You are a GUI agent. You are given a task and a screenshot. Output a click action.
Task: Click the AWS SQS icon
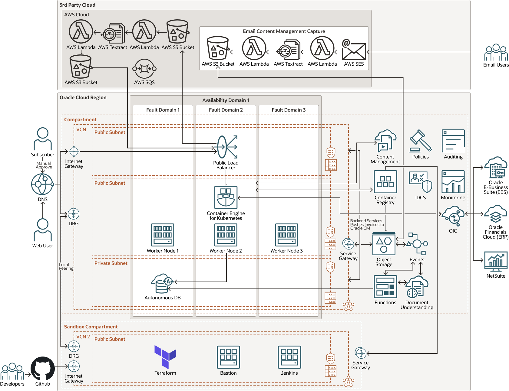[144, 69]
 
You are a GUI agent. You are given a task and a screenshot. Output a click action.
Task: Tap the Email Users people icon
[496, 53]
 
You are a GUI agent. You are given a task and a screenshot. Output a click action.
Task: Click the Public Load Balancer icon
[226, 147]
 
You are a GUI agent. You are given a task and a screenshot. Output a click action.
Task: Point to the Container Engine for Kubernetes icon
[226, 197]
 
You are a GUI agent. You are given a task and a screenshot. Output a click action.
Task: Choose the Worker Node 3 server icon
[286, 235]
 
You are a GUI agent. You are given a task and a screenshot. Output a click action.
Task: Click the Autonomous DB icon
[162, 284]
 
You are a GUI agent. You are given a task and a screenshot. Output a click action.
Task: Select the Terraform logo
[165, 357]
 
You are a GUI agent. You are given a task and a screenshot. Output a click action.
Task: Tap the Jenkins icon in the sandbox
[289, 357]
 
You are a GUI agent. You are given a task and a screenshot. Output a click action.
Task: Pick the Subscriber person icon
[43, 139]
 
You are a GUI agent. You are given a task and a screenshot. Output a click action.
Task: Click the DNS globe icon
[42, 184]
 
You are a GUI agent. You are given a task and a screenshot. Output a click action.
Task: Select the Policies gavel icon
[420, 141]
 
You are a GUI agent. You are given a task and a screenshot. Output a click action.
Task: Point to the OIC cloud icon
[453, 216]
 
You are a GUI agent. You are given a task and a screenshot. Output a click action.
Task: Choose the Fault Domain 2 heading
[226, 110]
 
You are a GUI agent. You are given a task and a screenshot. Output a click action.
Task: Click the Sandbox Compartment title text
[91, 327]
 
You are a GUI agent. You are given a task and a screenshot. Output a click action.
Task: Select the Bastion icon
[228, 357]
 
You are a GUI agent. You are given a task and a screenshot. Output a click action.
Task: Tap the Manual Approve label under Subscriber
[44, 165]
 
